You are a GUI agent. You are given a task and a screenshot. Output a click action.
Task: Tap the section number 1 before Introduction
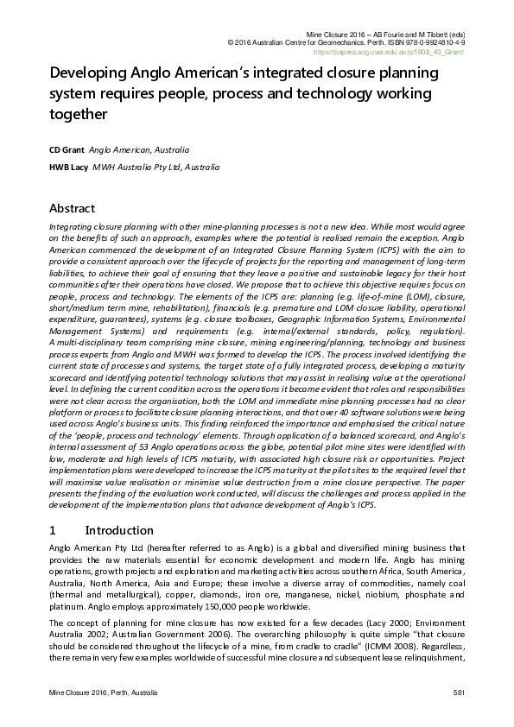[x=54, y=529]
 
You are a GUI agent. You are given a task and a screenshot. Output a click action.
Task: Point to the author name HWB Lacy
[x=67, y=166]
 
